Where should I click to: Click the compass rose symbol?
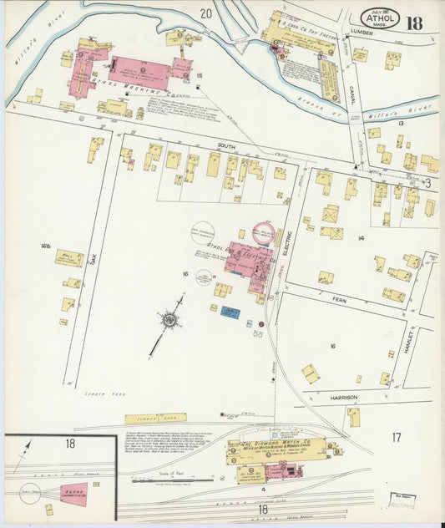(x=169, y=318)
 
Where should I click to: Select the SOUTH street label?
(x=226, y=145)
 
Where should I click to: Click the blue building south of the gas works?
(x=230, y=312)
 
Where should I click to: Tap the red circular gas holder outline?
(x=265, y=232)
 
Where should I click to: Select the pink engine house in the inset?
(x=73, y=494)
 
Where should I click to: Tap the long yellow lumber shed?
(x=155, y=419)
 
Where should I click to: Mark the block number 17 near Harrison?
(x=397, y=436)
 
